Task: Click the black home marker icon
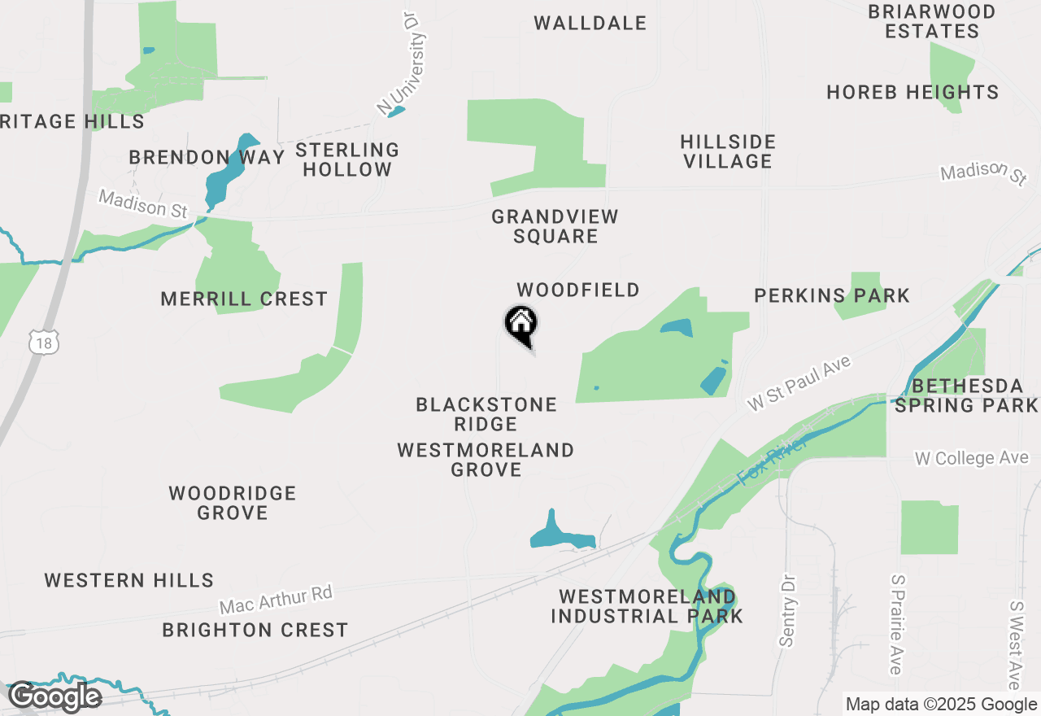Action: click(520, 325)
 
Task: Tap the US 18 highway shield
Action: click(44, 343)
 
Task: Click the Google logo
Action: click(54, 696)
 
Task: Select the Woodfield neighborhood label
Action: click(578, 290)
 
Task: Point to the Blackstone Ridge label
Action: click(486, 414)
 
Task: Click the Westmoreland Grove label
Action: click(486, 460)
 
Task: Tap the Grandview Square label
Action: click(555, 226)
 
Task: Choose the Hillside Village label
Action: click(728, 151)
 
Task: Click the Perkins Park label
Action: click(831, 295)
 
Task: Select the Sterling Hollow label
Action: click(347, 159)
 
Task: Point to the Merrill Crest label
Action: click(244, 299)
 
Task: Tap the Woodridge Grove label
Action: click(233, 503)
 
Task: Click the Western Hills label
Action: click(129, 580)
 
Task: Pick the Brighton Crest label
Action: click(255, 630)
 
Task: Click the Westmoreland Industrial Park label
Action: click(647, 606)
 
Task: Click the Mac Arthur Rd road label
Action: click(277, 600)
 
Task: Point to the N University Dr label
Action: click(403, 62)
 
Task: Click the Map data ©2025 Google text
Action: click(941, 705)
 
